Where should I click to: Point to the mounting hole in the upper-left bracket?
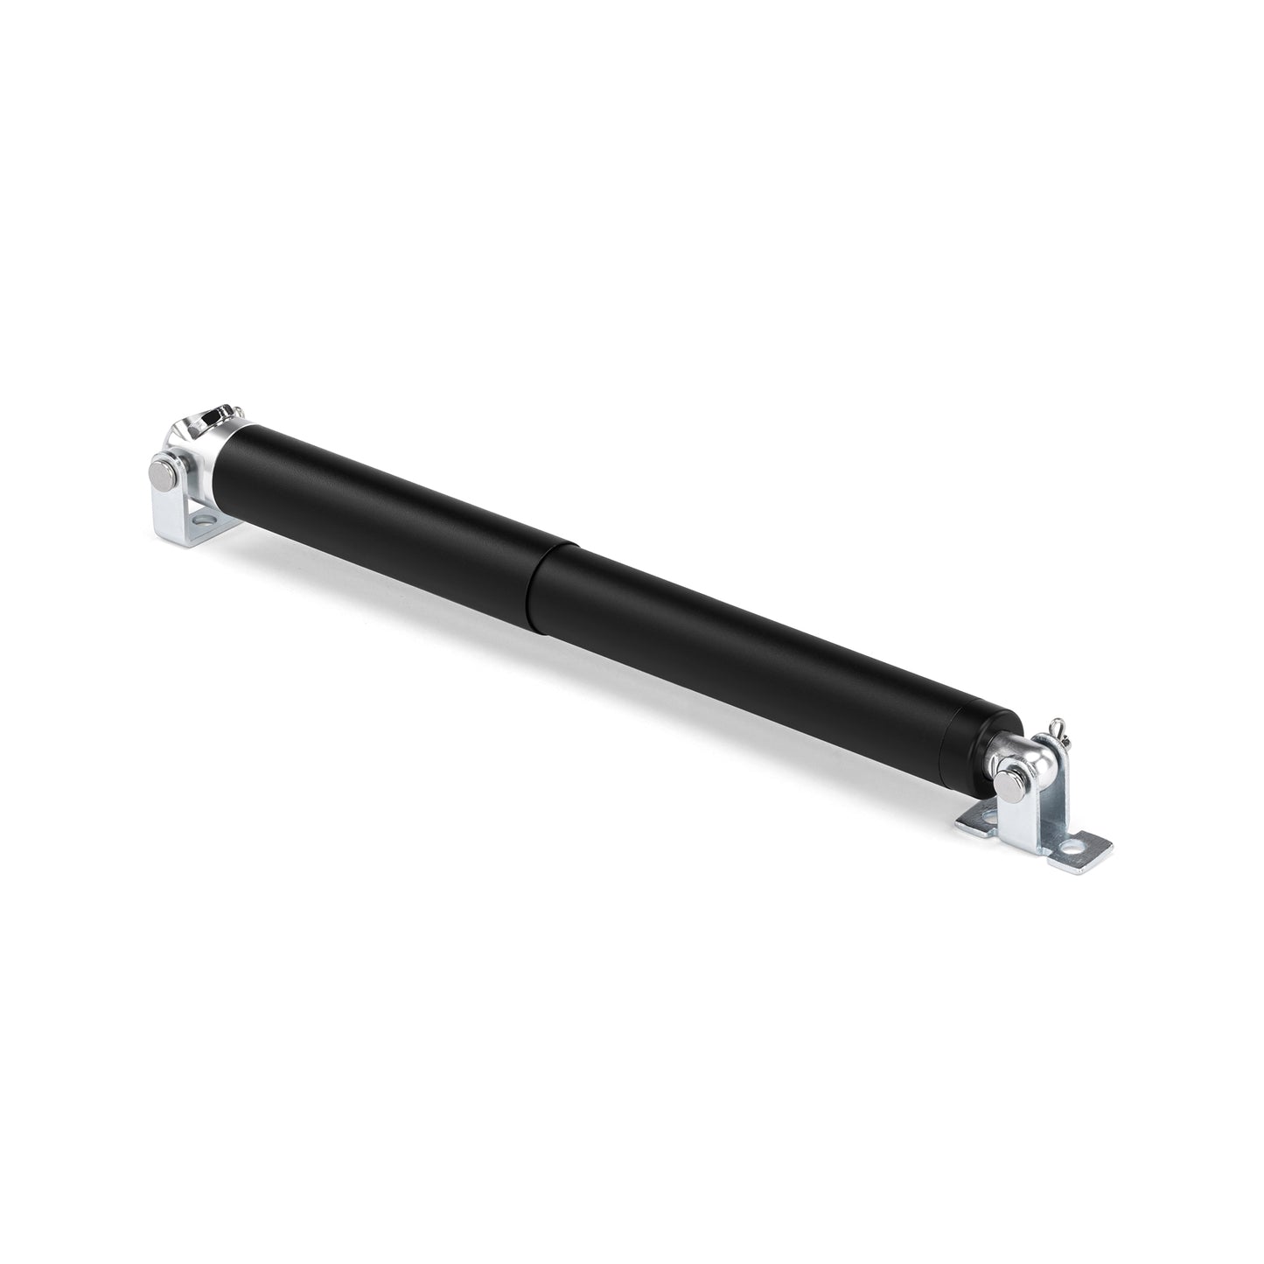click(x=204, y=521)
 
